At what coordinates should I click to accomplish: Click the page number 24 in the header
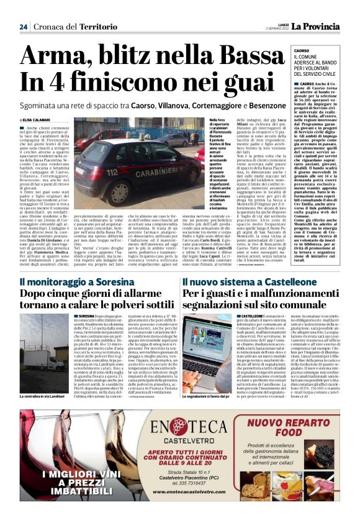click(24, 27)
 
